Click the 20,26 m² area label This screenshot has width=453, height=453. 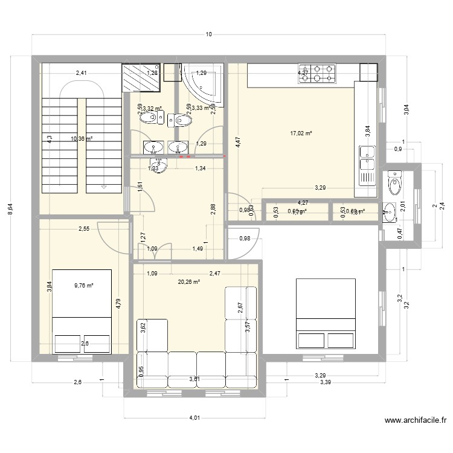(x=189, y=281)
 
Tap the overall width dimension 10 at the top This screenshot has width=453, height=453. (x=208, y=34)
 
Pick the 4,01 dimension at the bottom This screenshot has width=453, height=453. (x=193, y=417)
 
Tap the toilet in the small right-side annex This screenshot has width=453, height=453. (x=396, y=183)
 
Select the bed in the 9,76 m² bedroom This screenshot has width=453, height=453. (x=82, y=311)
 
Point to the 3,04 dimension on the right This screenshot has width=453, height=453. (x=406, y=109)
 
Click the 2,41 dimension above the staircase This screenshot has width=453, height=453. (x=81, y=74)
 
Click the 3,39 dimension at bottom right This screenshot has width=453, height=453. (x=326, y=382)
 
